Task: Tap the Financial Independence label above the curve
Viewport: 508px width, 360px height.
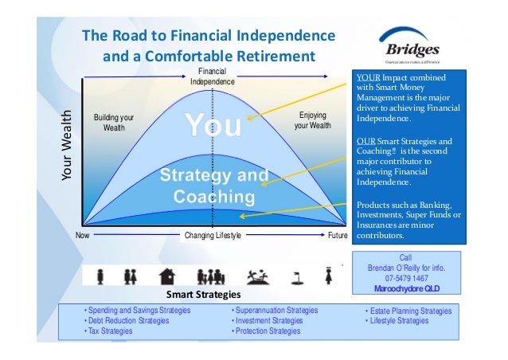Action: pyautogui.click(x=213, y=76)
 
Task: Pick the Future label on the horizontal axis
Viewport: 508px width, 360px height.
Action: pyautogui.click(x=338, y=236)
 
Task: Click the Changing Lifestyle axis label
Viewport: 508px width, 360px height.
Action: pyautogui.click(x=212, y=236)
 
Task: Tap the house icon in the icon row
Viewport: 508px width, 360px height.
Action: pyautogui.click(x=167, y=276)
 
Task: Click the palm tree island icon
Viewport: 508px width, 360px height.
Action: pyautogui.click(x=258, y=276)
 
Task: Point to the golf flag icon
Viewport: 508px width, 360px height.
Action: pyautogui.click(x=296, y=276)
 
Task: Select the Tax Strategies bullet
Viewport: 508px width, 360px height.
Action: pyautogui.click(x=111, y=331)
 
